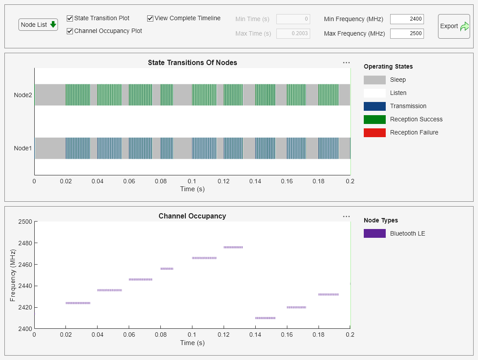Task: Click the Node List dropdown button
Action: pos(38,25)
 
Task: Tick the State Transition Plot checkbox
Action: pos(70,18)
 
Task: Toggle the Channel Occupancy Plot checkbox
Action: pos(70,31)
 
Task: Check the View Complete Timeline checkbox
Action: pos(150,18)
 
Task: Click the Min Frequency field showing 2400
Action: pos(407,19)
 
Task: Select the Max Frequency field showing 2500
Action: pos(407,33)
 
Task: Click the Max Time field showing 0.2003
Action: pos(293,33)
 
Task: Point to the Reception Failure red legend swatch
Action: pos(374,132)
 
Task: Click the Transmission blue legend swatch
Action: pos(374,106)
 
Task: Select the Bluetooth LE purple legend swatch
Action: pos(374,233)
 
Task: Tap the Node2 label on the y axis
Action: pos(23,95)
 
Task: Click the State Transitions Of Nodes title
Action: pos(192,63)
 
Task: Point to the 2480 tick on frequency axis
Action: pos(25,243)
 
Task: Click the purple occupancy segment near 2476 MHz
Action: pos(233,247)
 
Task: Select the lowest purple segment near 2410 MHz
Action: pos(265,318)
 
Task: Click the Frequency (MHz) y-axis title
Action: pos(13,275)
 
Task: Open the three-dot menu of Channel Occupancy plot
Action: pos(346,216)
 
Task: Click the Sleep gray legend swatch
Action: pos(374,80)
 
